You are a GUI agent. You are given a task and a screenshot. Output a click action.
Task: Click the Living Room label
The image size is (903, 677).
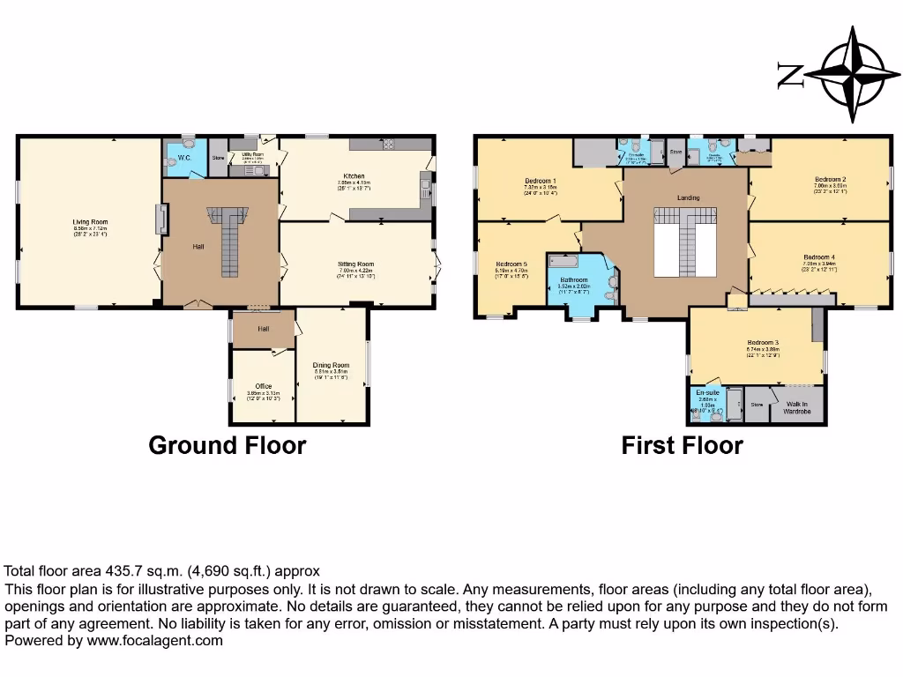point(90,222)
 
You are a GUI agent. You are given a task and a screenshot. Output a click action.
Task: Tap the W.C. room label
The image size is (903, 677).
point(184,158)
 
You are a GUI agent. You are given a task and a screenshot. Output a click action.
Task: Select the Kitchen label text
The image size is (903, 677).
point(355,176)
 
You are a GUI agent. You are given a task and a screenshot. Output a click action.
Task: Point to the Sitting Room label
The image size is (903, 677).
point(355,264)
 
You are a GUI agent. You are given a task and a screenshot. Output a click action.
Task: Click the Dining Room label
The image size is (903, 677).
point(332,365)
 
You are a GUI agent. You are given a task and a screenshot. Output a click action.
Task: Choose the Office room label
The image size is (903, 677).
point(263,386)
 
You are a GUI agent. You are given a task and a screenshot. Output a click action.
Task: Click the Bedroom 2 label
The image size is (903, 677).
point(831,180)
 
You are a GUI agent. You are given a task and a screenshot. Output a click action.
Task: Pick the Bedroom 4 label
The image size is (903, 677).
point(819,257)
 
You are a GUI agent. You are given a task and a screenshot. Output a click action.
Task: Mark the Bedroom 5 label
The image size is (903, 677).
point(511,264)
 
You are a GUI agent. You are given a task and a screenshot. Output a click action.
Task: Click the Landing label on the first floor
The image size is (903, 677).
point(688,197)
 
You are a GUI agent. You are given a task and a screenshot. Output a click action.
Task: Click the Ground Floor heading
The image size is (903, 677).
point(227,445)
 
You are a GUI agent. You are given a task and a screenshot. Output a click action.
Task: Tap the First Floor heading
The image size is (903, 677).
point(682,445)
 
